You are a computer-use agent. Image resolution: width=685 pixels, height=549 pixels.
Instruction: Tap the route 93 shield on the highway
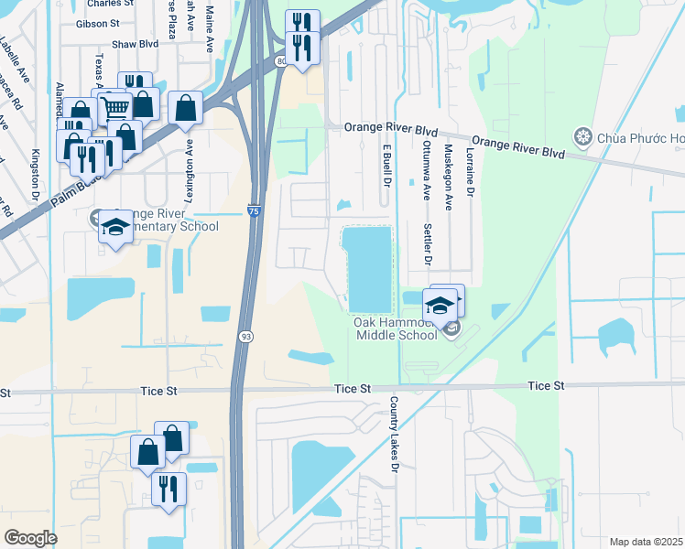(x=246, y=338)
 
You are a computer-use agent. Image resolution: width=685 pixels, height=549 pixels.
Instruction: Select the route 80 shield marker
(x=280, y=61)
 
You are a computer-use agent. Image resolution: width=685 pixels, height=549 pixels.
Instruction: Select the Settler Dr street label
(x=427, y=244)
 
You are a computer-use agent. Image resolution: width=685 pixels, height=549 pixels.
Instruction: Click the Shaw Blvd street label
(x=135, y=44)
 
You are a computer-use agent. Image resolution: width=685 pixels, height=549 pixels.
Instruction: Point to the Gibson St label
(x=97, y=24)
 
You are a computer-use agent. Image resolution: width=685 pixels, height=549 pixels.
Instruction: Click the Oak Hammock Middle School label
(x=396, y=328)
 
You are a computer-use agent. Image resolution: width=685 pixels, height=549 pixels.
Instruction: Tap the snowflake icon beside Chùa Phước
(x=582, y=137)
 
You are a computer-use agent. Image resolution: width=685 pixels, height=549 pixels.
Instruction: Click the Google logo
(x=30, y=538)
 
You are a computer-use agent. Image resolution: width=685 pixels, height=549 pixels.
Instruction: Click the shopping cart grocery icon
(x=116, y=108)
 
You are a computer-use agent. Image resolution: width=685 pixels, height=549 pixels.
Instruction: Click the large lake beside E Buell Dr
(x=367, y=267)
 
